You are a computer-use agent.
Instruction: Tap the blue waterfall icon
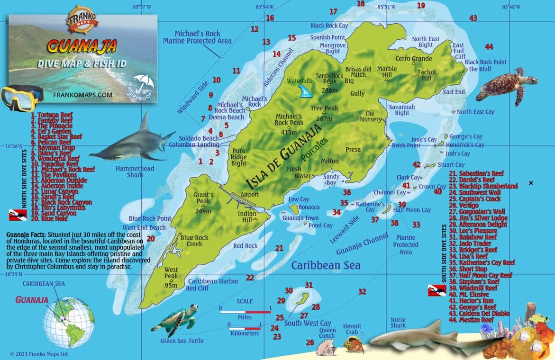click(304, 91)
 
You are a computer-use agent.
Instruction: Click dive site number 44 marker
click(489, 46)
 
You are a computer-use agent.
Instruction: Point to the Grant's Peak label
click(203, 198)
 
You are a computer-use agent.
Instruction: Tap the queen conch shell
click(327, 349)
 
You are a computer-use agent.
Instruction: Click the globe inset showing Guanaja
click(68, 327)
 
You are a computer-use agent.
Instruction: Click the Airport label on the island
click(249, 194)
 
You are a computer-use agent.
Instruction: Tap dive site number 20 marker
click(150, 239)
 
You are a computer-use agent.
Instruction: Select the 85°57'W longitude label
click(142, 7)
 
